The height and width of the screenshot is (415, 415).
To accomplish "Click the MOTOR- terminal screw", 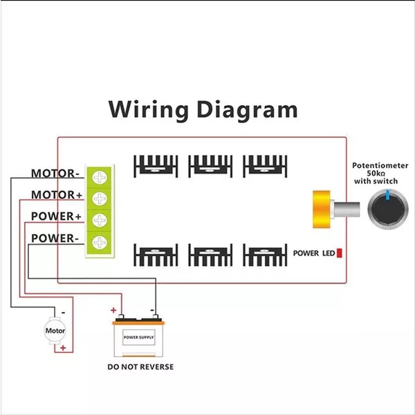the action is tap(100, 177).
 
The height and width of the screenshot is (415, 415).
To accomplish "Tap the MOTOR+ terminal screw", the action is tap(100, 199).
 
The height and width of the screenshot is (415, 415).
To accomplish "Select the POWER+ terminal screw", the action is tap(100, 220).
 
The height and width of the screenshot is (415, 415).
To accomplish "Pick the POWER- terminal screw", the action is tap(100, 242).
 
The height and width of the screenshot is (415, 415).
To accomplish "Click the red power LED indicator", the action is tap(340, 253).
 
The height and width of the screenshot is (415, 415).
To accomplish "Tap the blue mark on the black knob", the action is tap(388, 194).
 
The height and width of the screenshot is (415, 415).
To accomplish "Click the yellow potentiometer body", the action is tap(322, 209).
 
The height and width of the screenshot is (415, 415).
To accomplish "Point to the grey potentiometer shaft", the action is tap(347, 210).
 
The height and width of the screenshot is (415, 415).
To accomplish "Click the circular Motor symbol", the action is tap(55, 331).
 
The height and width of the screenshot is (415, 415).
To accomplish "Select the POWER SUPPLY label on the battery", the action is tap(139, 338).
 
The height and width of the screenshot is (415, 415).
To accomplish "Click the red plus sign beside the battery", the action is tap(113, 310).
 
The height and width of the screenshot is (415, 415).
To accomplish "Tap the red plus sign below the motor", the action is tap(63, 348).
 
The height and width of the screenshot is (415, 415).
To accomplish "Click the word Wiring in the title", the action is tap(148, 109).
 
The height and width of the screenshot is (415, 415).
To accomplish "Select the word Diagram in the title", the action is tap(247, 109).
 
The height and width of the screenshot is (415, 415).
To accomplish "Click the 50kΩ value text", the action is tap(376, 174).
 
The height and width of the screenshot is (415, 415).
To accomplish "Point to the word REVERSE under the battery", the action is tap(157, 367).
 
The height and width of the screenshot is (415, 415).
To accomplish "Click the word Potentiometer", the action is tap(380, 166).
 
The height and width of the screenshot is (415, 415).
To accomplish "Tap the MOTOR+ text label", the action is tap(57, 195).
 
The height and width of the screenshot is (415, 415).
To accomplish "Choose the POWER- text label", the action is tap(55, 238).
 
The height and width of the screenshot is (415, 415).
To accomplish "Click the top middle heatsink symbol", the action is tap(210, 166).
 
